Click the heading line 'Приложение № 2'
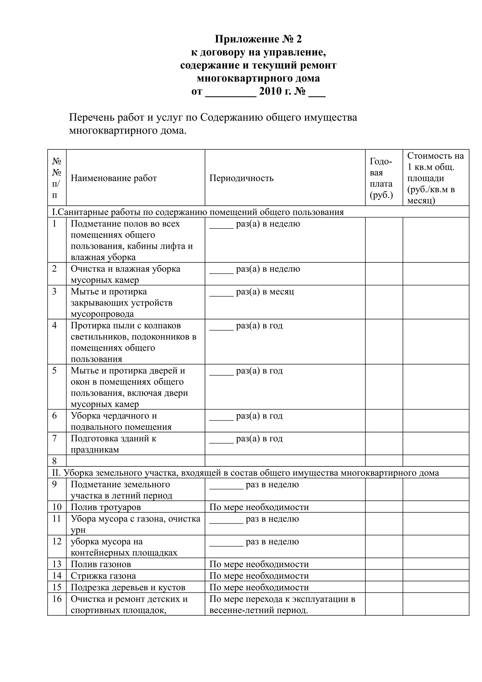click(x=258, y=39)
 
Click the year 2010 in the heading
click(x=270, y=91)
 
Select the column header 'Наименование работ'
click(x=113, y=178)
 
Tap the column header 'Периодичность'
click(x=241, y=178)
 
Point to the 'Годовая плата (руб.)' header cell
click(x=381, y=178)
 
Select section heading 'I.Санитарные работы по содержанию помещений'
click(x=198, y=212)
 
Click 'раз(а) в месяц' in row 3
click(x=265, y=292)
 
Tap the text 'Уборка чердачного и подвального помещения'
click(x=121, y=421)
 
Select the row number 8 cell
click(x=54, y=461)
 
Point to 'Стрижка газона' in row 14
click(x=103, y=576)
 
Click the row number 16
click(x=57, y=599)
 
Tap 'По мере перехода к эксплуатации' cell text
click(x=282, y=599)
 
